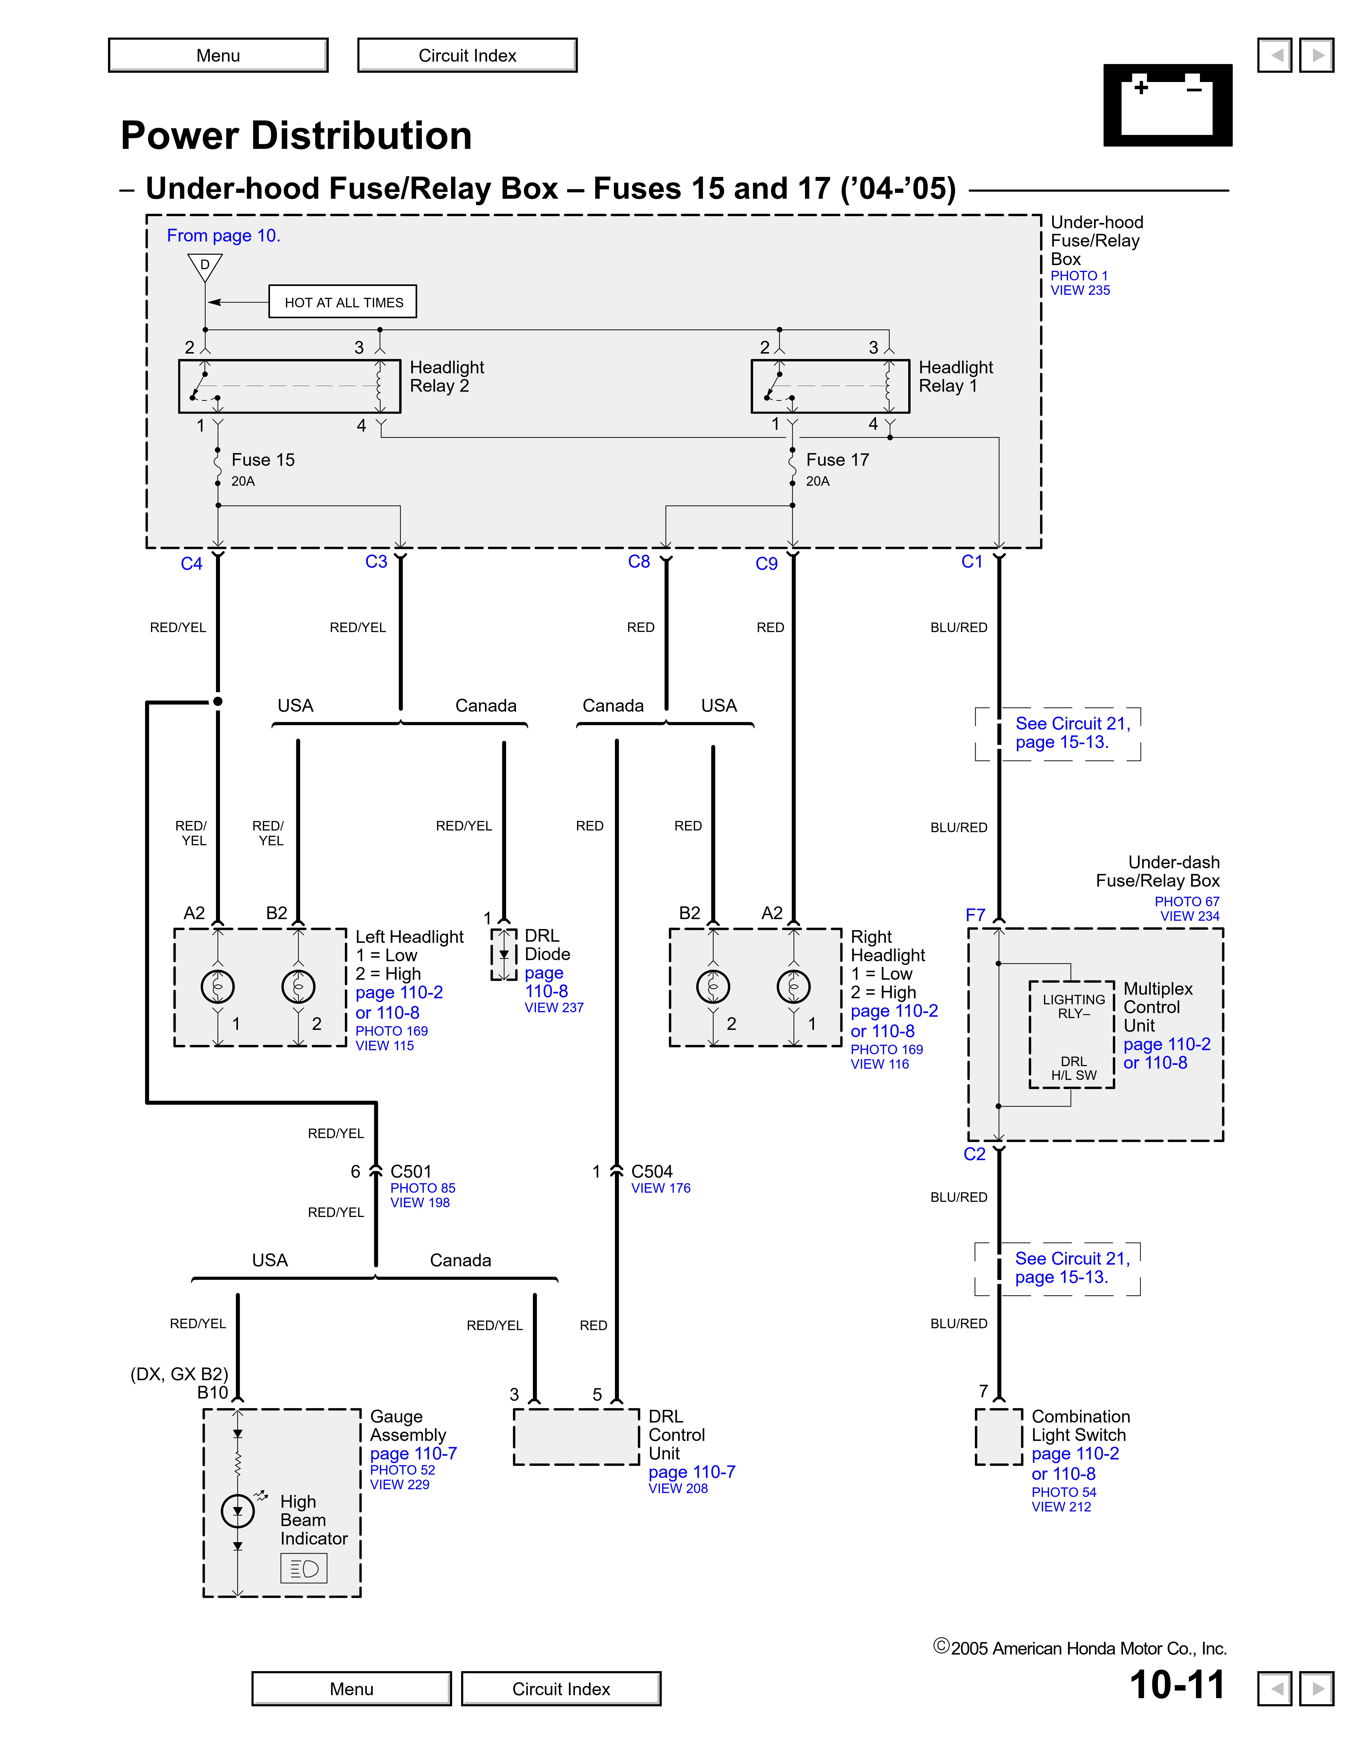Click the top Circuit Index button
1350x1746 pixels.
(467, 55)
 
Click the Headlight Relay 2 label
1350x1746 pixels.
(446, 376)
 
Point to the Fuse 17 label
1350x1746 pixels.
(836, 460)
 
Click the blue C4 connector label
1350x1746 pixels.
(191, 563)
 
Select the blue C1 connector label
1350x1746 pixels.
(972, 562)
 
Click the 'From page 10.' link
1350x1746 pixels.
(223, 236)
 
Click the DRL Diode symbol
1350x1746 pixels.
(504, 954)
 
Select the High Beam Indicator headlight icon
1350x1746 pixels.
(304, 1568)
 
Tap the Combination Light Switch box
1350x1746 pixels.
(998, 1436)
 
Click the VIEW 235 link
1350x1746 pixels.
(1080, 290)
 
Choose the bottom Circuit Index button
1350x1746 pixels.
(561, 1688)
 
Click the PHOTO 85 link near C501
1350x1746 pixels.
(422, 1188)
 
